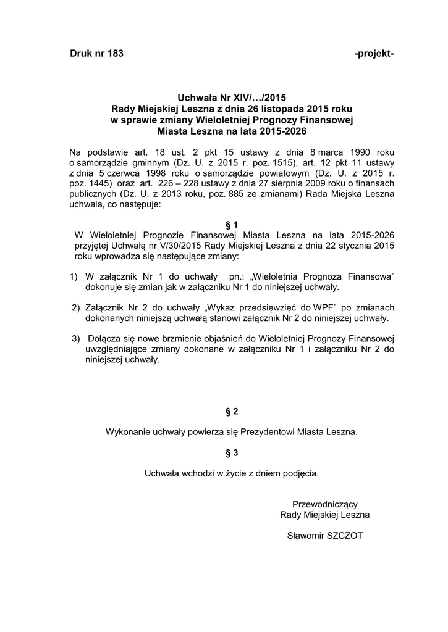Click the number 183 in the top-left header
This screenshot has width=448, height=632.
coord(116,54)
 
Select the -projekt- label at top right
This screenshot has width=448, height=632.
coord(374,54)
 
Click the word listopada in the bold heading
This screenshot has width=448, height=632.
coord(281,109)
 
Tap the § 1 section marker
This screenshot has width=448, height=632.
coord(232,224)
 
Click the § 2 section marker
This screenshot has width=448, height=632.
coord(232,411)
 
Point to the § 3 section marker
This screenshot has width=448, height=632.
coord(232,454)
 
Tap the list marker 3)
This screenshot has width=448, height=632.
coord(76,339)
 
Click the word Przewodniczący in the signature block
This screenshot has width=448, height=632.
coord(325,504)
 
